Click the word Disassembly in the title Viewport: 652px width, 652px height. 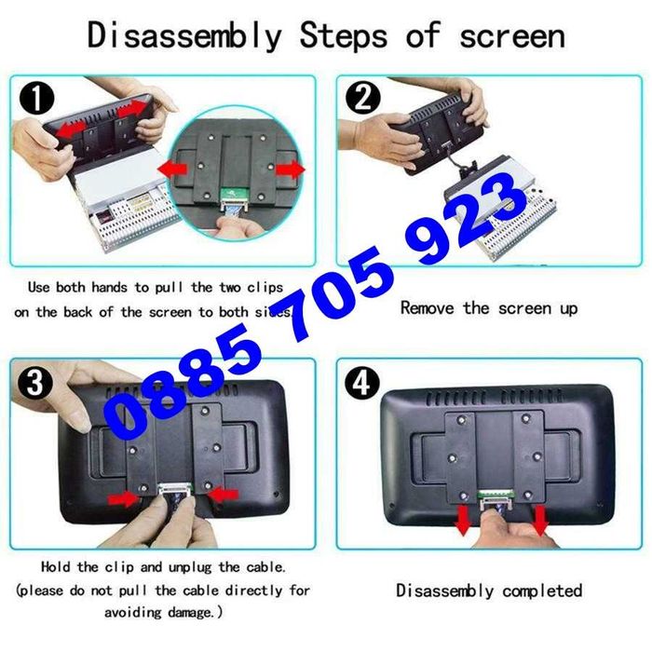click(x=184, y=35)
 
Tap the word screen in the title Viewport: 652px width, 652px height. click(x=512, y=36)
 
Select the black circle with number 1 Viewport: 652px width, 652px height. click(x=37, y=99)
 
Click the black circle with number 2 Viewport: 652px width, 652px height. click(x=362, y=98)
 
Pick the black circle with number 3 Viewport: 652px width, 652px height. click(x=35, y=383)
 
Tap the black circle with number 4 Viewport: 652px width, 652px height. click(x=362, y=383)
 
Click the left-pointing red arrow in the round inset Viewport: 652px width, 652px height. click(x=172, y=170)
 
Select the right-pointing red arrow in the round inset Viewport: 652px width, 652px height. click(x=291, y=170)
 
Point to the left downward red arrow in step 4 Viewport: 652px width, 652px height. click(x=463, y=521)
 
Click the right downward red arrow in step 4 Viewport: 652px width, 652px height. click(x=540, y=521)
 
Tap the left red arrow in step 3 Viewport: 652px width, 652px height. click(x=124, y=498)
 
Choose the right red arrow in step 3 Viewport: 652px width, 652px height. click(x=223, y=495)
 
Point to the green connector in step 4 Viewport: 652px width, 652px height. click(x=496, y=495)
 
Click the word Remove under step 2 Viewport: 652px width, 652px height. click(x=427, y=308)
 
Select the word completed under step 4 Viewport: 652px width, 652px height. click(x=542, y=591)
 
